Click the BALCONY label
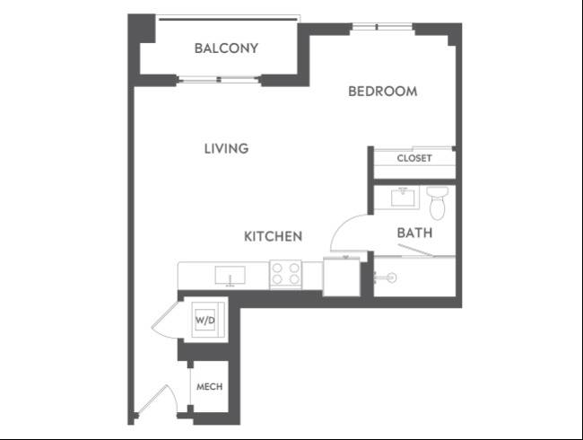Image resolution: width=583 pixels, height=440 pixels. [x=226, y=48]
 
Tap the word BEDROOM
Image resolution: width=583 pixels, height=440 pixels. [x=383, y=92]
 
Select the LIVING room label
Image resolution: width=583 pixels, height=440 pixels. [x=226, y=148]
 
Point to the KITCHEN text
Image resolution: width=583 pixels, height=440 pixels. [x=273, y=236]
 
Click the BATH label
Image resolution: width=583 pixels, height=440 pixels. [x=414, y=233]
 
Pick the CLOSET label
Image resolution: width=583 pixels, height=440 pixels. [x=414, y=158]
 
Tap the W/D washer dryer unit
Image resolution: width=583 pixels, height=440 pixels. [x=205, y=320]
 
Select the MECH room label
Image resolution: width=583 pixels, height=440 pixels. [x=209, y=387]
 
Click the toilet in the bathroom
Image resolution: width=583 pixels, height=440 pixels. [x=438, y=203]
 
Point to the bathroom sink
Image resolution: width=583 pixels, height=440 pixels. [x=403, y=198]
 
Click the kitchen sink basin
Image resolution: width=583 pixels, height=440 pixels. [x=231, y=275]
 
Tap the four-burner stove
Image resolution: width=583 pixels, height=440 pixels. [x=285, y=275]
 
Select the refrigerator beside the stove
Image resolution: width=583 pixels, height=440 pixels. [x=342, y=277]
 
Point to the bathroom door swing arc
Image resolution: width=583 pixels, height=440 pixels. [x=343, y=225]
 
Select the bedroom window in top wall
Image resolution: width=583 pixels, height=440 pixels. [x=382, y=27]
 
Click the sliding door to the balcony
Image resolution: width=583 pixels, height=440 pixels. [x=219, y=79]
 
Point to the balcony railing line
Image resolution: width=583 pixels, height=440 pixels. [x=228, y=18]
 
